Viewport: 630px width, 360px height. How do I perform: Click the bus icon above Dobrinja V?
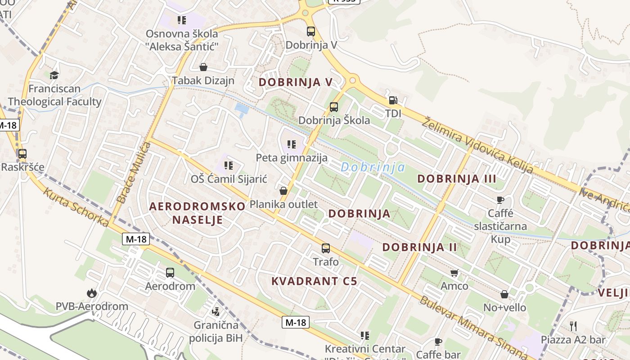point(311,31)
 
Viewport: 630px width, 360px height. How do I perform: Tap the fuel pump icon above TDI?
point(393,100)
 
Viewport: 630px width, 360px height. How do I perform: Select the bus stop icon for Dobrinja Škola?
point(333,107)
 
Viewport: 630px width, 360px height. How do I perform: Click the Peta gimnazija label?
point(292,158)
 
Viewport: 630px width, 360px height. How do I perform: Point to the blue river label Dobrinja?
point(373,168)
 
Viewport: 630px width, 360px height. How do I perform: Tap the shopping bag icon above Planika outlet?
point(283,191)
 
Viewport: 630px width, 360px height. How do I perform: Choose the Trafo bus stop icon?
point(325,248)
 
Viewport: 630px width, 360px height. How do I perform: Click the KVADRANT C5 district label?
point(314,281)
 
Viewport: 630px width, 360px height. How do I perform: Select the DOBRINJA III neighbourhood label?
point(457,179)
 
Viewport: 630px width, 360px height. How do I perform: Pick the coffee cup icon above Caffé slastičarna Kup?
point(500,200)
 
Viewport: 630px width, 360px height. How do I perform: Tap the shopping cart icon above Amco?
point(454,273)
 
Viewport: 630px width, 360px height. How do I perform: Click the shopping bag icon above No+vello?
point(504,294)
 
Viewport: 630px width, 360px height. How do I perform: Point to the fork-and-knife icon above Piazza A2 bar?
point(573,326)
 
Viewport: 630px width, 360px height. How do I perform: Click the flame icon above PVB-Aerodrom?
point(92,293)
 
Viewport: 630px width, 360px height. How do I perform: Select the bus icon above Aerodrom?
point(170,272)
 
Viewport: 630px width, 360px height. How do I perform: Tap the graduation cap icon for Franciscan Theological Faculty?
point(54,75)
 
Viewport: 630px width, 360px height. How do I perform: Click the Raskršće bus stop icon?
point(22,154)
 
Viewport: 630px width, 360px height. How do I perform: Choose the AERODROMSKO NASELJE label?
point(197,213)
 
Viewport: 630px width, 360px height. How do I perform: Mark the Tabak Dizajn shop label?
point(203,81)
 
